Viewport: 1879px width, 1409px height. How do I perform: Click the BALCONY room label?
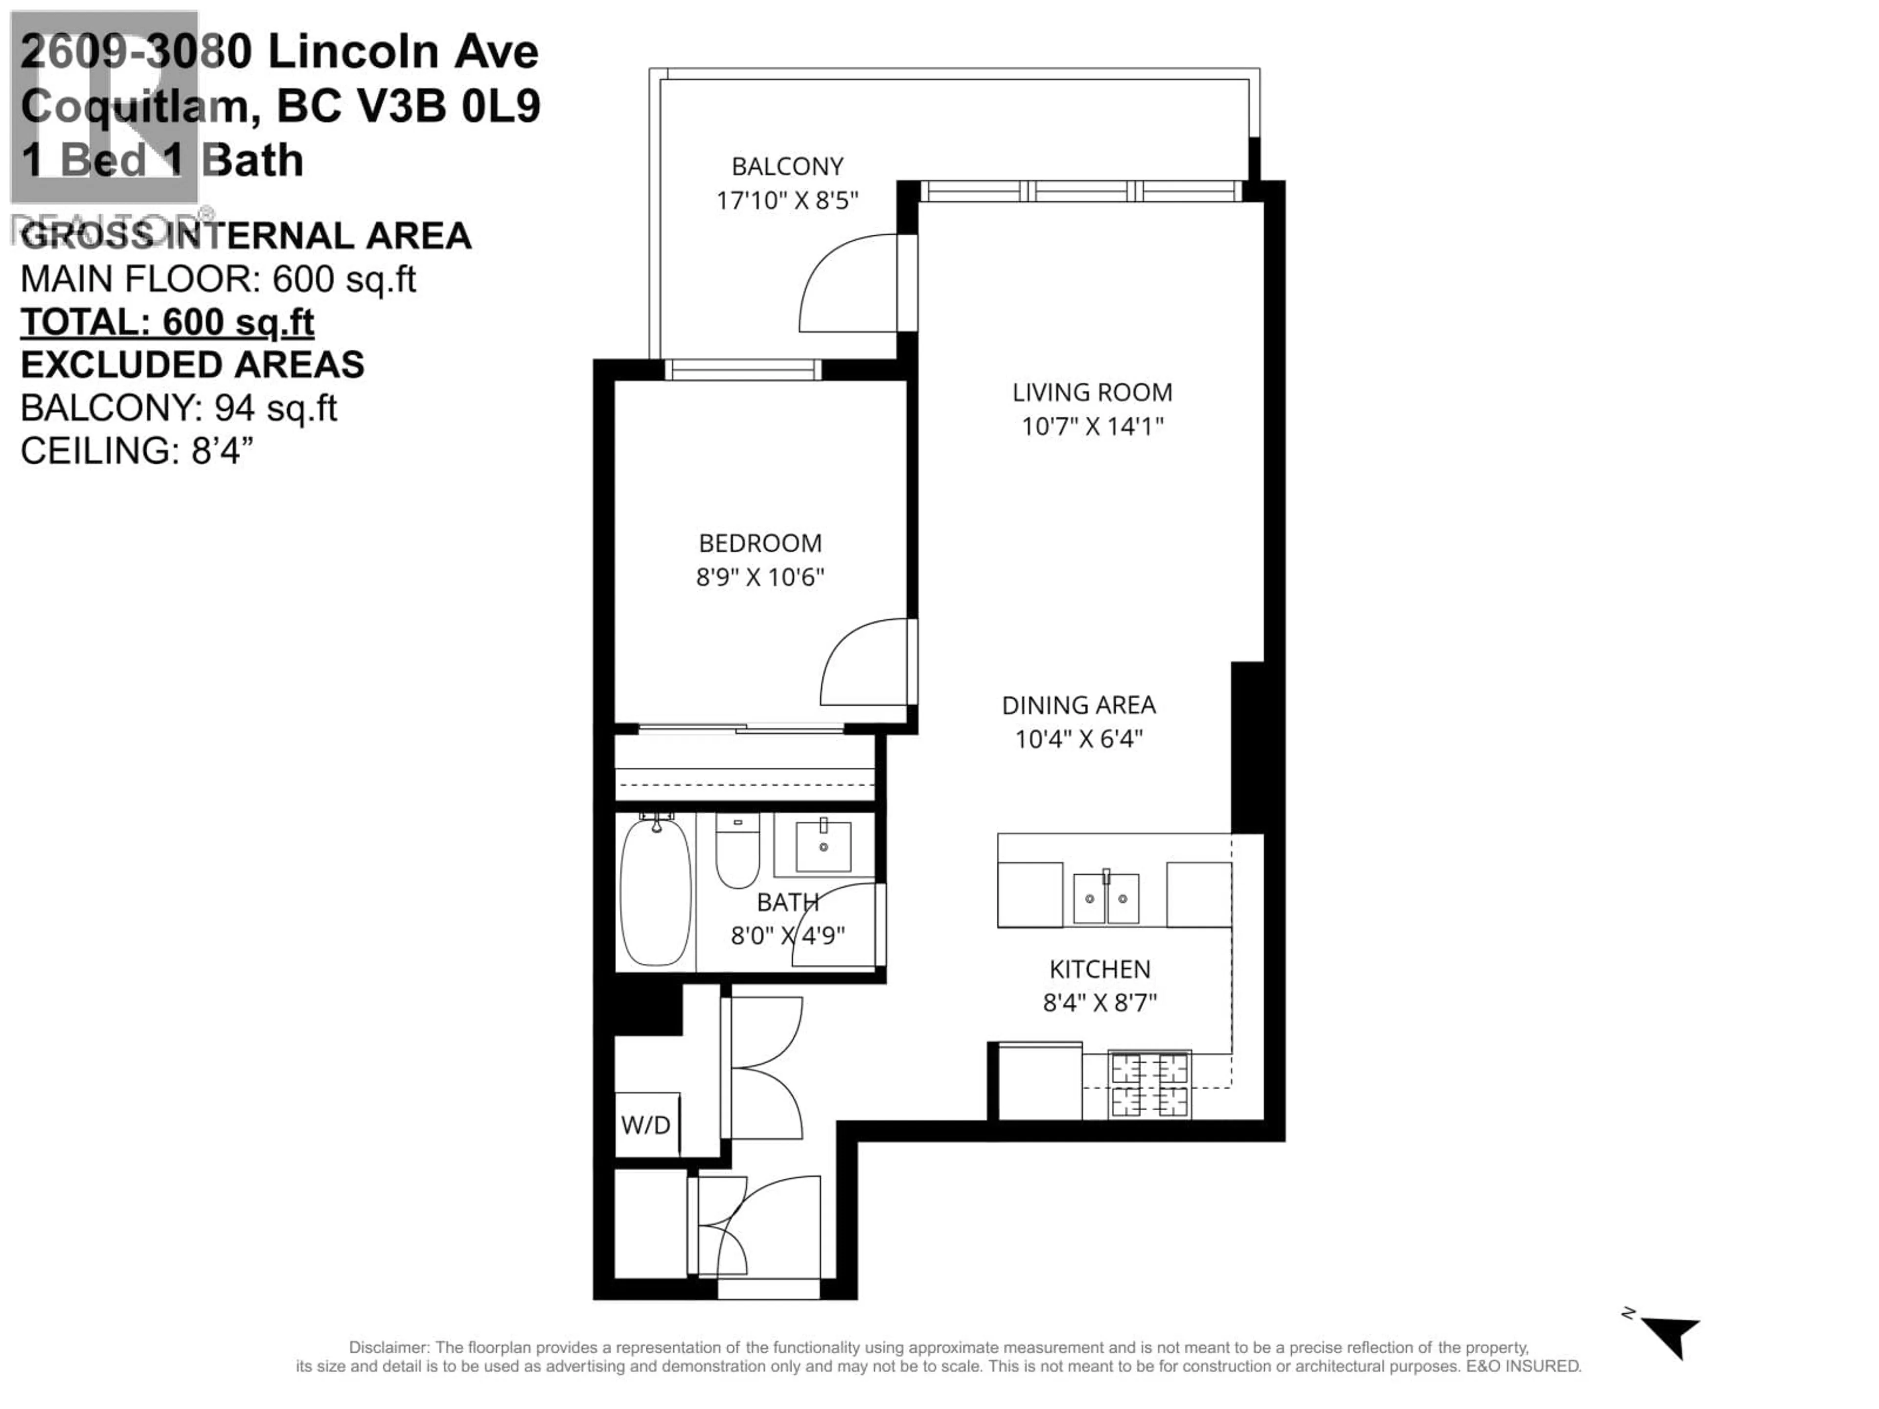pos(787,166)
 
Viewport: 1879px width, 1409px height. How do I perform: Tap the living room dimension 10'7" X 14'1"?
pos(1092,426)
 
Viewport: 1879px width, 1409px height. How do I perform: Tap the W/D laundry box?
pos(646,1125)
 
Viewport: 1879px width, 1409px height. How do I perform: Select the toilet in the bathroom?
pos(737,851)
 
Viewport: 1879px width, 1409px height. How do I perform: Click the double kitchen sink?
pos(1106,899)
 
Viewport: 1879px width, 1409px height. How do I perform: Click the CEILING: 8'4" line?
pos(137,451)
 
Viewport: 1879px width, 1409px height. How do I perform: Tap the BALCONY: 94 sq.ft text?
pos(179,409)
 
